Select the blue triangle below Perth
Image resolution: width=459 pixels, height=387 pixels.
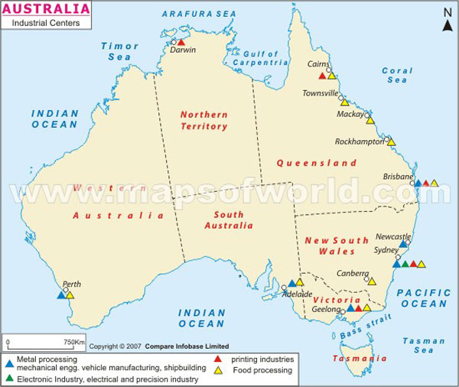pos(61,294)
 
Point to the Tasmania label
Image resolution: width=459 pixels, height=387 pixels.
pos(353,358)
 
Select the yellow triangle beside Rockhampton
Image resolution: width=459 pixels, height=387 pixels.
pos(391,141)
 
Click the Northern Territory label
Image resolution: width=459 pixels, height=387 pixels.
pos(204,119)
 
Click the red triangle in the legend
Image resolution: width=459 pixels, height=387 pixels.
pos(217,357)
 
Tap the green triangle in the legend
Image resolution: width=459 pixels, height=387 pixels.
pos(8,377)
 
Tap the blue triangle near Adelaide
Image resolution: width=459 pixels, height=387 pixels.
pos(292,282)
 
